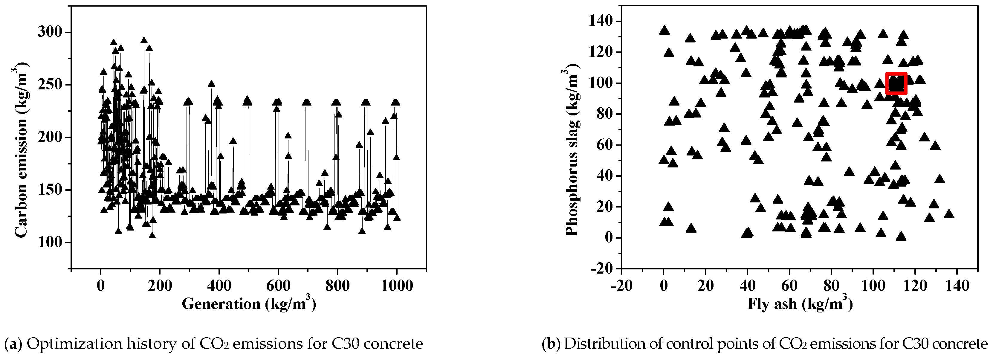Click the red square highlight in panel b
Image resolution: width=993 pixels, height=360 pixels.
pyautogui.click(x=896, y=83)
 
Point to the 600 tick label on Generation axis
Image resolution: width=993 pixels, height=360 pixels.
pyautogui.click(x=278, y=286)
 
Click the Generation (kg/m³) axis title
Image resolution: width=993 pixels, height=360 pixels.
pyautogui.click(x=249, y=304)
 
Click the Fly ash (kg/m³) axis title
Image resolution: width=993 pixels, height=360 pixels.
pyautogui.click(x=800, y=304)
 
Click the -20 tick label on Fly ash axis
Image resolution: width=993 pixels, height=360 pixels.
pyautogui.click(x=621, y=286)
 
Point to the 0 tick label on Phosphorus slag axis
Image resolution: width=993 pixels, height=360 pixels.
pyautogui.click(x=608, y=238)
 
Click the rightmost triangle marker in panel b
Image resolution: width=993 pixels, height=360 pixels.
pyautogui.click(x=949, y=214)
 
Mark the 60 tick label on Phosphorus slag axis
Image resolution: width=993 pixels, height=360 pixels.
pyautogui.click(x=604, y=145)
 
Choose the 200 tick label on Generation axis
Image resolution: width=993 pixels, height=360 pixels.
pyautogui.click(x=160, y=286)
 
